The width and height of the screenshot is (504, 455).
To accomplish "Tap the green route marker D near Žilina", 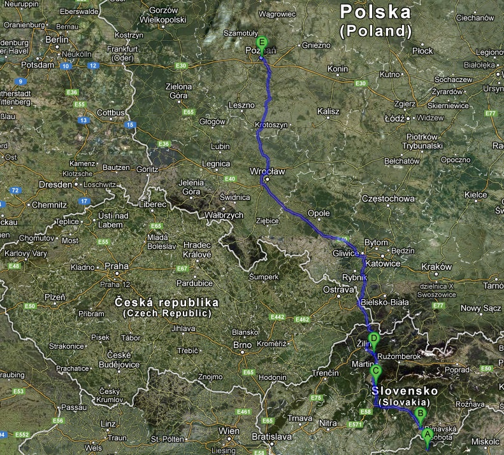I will [x=375, y=339].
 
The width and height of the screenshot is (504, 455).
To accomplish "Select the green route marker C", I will [x=376, y=371].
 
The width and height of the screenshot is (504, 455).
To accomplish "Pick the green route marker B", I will [x=420, y=414].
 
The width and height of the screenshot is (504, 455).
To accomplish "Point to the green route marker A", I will [x=427, y=434].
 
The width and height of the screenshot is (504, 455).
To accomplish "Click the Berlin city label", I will [x=57, y=39].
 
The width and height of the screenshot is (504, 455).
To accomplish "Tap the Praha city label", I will [x=117, y=267].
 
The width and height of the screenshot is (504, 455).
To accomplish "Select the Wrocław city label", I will [x=267, y=171].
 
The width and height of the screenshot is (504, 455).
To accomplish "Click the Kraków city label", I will [x=436, y=267].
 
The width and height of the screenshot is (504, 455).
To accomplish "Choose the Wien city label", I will [x=229, y=431].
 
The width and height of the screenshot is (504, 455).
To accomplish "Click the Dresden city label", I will [x=55, y=184].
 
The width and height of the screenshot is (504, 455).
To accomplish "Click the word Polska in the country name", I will [x=375, y=11].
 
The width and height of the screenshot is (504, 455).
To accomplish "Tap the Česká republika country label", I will [x=167, y=302].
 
